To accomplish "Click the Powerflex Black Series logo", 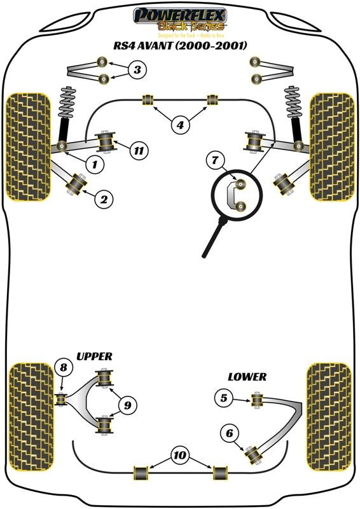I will [x=179, y=19].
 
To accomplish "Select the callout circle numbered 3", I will [x=136, y=69].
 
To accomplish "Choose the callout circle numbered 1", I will [x=94, y=165].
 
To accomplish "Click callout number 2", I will [x=104, y=199].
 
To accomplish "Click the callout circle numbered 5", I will [x=223, y=398].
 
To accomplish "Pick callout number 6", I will [x=230, y=434].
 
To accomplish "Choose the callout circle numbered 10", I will [x=180, y=456].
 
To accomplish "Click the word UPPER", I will [x=94, y=356].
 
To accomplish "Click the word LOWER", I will [x=248, y=377].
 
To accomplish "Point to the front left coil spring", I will [x=67, y=101].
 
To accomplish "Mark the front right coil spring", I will [x=293, y=101].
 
